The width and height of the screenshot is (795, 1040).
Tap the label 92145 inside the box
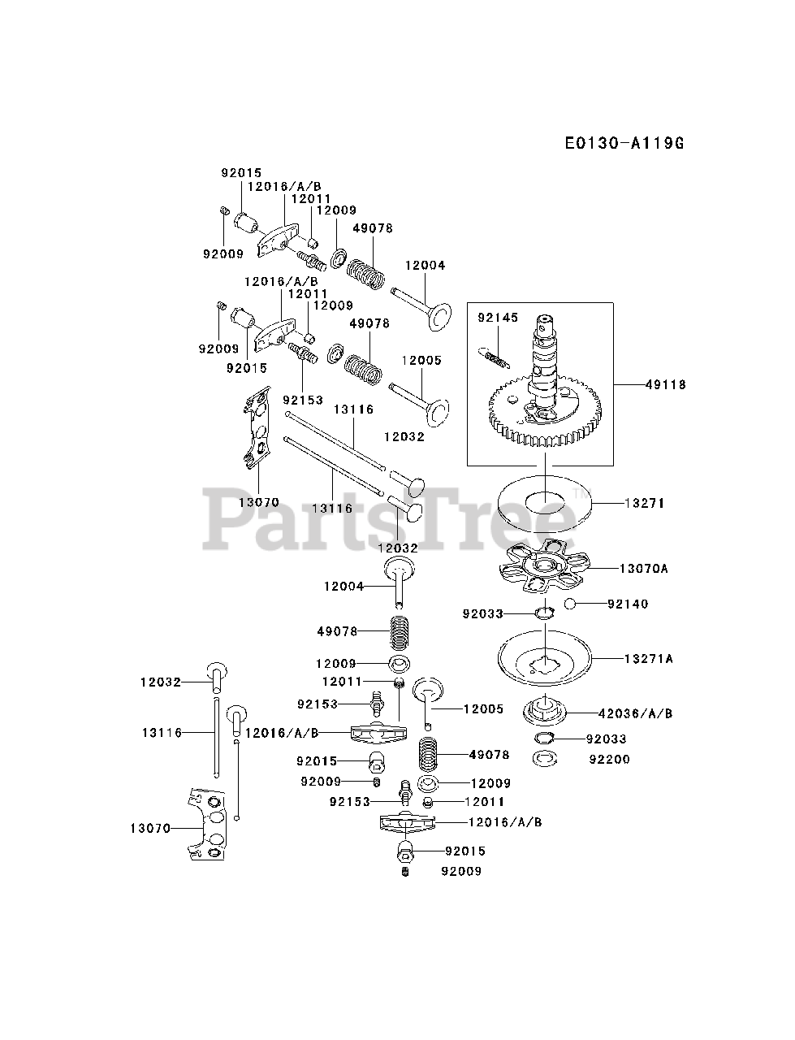[497, 318]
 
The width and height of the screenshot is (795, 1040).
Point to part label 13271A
[648, 659]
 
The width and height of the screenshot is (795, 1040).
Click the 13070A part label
[643, 569]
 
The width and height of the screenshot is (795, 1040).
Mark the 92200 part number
[610, 760]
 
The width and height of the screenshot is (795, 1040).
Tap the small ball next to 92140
[570, 604]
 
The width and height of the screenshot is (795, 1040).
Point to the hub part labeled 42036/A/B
[543, 713]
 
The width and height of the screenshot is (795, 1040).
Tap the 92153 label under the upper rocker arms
[303, 400]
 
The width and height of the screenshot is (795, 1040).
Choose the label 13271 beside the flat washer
[645, 504]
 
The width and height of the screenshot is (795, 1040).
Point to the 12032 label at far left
[160, 682]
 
